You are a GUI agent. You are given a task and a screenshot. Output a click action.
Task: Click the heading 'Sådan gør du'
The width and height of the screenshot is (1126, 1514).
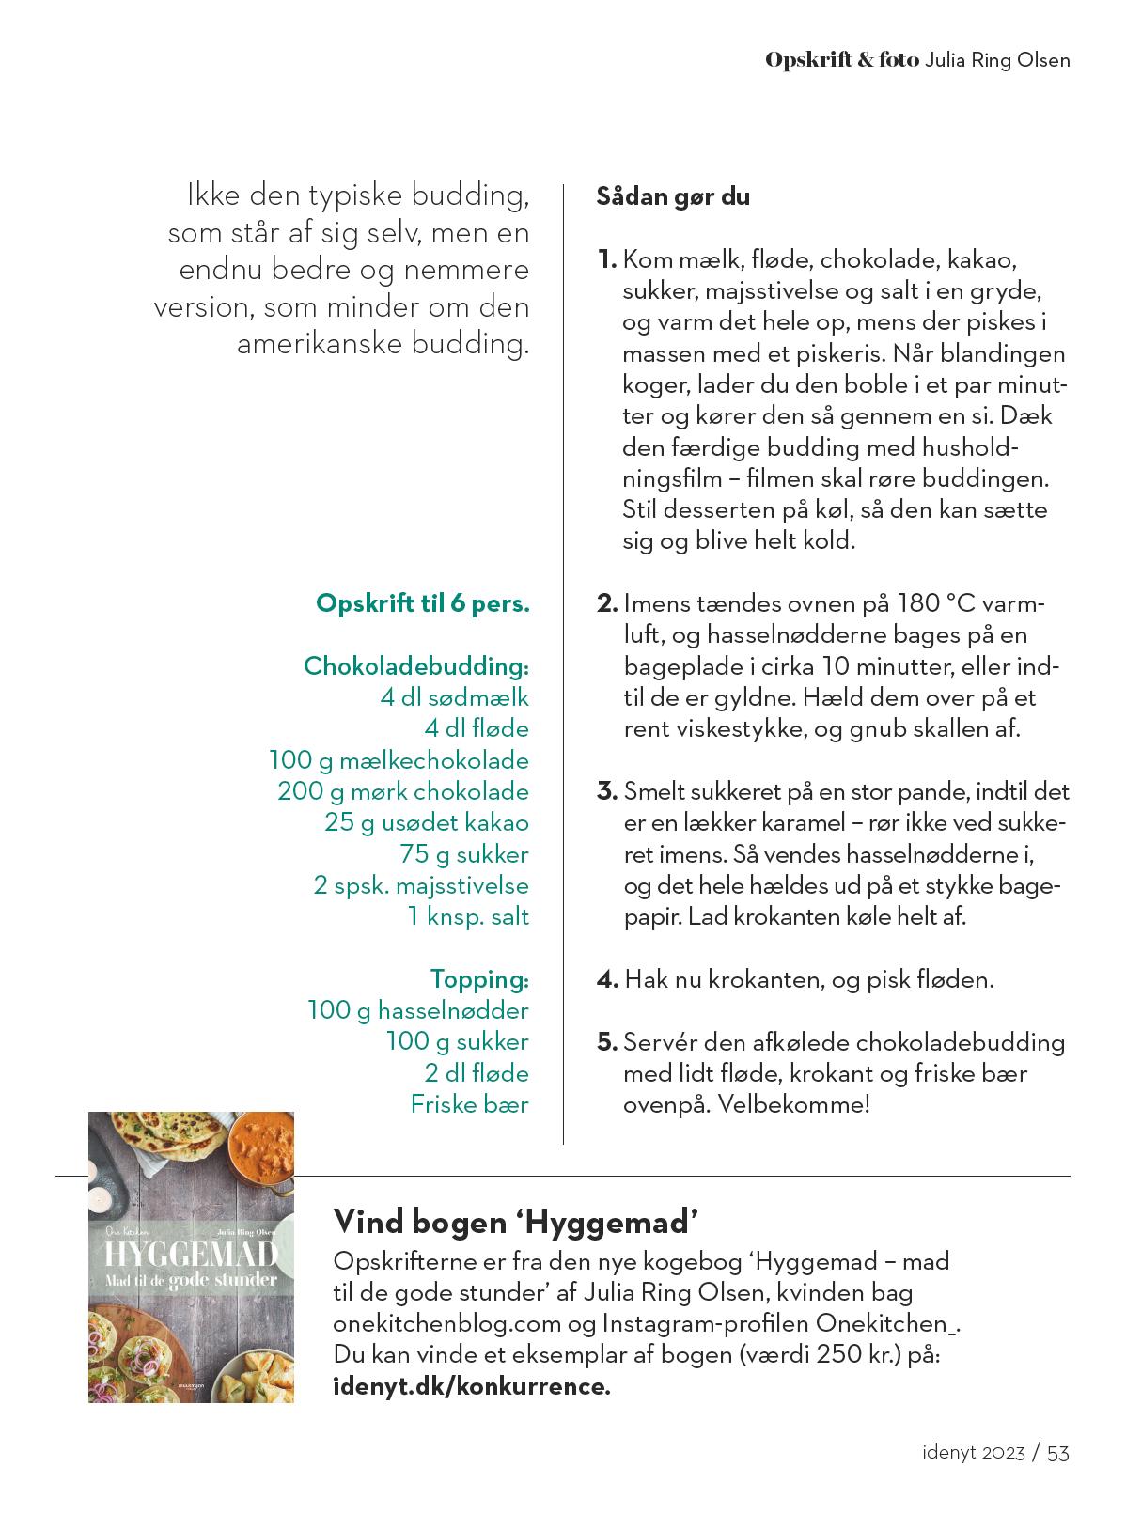pos(673,197)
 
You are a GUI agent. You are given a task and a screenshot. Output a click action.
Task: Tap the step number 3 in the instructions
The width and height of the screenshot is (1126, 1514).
pos(606,791)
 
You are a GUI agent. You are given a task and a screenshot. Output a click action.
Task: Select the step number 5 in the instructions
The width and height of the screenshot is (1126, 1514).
pos(606,1042)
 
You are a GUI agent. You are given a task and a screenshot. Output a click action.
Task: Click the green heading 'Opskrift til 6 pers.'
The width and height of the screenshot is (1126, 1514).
pos(423,603)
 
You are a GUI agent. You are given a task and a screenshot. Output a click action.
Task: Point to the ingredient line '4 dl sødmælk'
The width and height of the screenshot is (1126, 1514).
pos(454,697)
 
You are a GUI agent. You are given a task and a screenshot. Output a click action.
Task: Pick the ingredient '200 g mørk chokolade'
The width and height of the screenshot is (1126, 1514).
pos(402,791)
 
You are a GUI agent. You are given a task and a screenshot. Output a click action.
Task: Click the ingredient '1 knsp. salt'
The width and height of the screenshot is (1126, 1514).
pos(468,916)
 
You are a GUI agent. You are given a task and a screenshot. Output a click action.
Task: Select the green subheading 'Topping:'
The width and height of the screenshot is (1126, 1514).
pos(479,979)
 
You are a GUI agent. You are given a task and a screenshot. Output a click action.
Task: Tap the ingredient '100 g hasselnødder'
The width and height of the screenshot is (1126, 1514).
pos(417,1010)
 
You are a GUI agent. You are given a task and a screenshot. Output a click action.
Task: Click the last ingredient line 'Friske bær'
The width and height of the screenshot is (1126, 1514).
pos(469,1104)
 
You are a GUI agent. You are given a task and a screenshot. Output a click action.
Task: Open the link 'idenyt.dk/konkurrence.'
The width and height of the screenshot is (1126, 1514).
pos(472,1387)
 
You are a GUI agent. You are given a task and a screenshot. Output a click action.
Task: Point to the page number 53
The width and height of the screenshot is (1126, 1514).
pos(1057,1453)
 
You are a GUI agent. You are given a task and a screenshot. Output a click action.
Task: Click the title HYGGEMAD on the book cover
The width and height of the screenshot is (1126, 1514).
pos(191,1256)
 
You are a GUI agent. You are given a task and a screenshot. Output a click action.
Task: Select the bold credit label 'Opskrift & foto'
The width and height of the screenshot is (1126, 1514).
pos(841,60)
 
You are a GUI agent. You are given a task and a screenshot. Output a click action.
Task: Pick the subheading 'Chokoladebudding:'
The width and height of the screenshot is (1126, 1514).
pos(415,666)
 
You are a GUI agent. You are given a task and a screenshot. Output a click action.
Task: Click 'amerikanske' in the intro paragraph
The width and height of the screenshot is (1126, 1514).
pos(320,344)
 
